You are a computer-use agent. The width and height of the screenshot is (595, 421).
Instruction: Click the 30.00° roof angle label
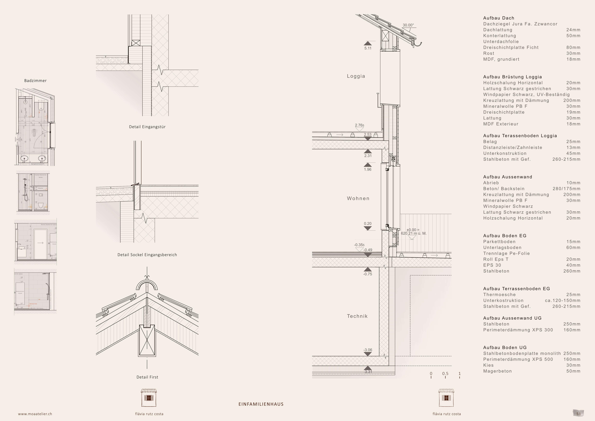408,25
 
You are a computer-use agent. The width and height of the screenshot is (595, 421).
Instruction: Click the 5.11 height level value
368,48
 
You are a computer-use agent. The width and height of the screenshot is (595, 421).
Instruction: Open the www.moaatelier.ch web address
35,414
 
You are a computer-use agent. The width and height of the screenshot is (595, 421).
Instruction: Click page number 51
578,414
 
